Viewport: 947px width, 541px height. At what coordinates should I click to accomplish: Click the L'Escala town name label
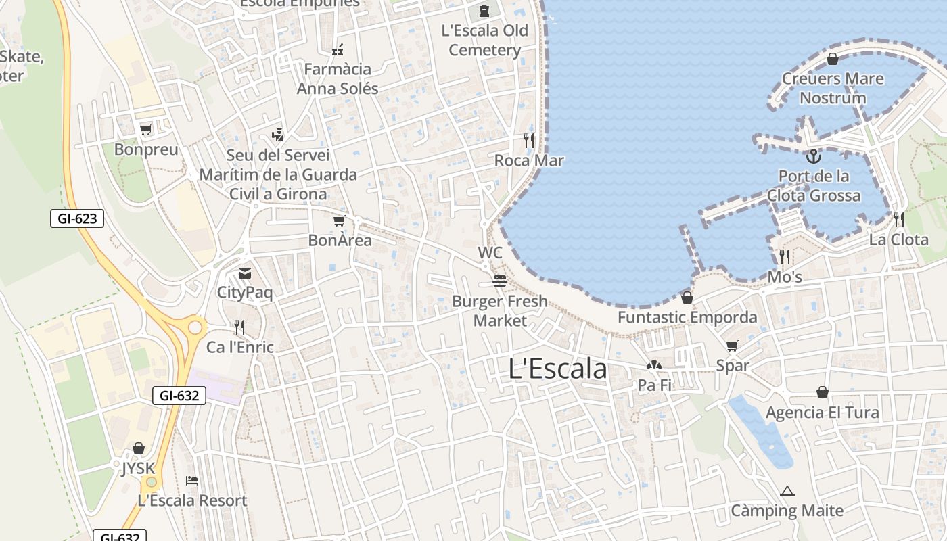[557, 369]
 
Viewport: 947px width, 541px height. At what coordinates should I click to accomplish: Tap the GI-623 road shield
[77, 218]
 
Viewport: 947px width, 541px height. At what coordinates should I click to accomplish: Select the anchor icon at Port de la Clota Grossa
[813, 157]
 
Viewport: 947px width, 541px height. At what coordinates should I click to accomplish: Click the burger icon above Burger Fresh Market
[500, 281]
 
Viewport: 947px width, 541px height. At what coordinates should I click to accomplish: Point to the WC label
[490, 253]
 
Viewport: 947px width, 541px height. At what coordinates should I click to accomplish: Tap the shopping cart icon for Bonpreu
[145, 129]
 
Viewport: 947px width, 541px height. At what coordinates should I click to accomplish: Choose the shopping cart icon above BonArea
[340, 220]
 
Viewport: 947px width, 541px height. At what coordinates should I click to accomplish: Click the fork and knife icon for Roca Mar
[529, 141]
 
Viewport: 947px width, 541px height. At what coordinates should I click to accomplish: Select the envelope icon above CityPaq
[244, 273]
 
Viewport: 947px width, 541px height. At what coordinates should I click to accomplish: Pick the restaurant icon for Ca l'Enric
[239, 327]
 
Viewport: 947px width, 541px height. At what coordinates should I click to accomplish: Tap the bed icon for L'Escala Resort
[192, 481]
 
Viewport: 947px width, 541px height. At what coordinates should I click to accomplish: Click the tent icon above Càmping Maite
[787, 491]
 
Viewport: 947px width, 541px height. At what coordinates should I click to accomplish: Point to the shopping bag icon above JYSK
[139, 448]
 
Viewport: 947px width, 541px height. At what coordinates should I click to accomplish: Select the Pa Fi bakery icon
[653, 366]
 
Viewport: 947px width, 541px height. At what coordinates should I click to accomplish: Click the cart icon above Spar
[732, 346]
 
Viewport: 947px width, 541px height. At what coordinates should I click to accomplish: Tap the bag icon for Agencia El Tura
[823, 392]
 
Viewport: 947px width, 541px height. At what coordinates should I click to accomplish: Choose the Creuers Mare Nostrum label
[833, 88]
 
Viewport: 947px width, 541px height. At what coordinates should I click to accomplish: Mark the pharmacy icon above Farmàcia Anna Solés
[338, 49]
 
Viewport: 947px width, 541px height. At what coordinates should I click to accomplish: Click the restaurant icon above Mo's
[785, 257]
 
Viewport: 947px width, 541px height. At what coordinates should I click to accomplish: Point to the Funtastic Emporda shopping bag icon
[687, 298]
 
